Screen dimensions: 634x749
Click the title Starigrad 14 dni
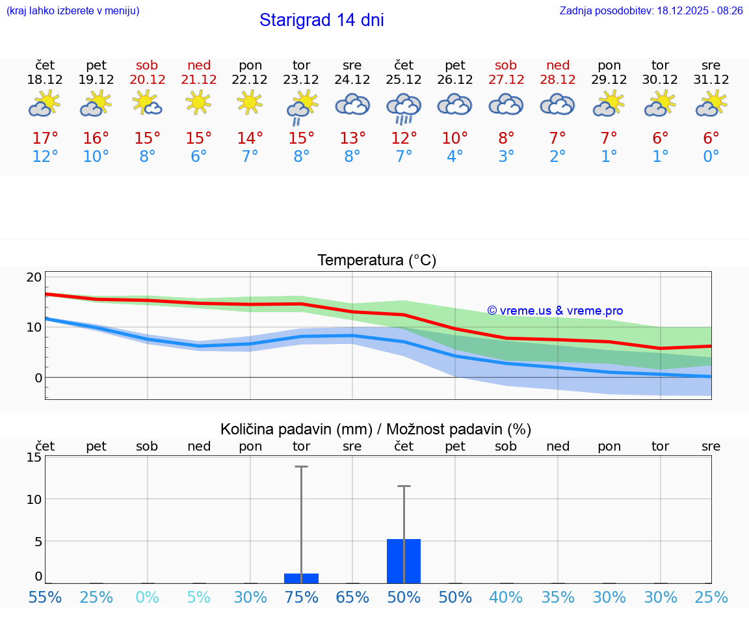(x=321, y=20)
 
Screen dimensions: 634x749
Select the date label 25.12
(x=404, y=80)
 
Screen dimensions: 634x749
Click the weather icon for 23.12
(x=301, y=106)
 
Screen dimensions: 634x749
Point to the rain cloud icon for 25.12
(x=404, y=107)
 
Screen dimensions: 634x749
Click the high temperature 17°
(x=45, y=138)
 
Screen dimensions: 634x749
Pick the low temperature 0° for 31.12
(x=711, y=157)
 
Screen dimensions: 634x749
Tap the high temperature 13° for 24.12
(x=352, y=138)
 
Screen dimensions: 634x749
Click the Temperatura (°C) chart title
(x=376, y=261)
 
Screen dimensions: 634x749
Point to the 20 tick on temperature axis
(x=34, y=277)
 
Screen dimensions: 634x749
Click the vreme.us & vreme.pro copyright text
(x=555, y=311)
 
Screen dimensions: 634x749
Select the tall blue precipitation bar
(x=404, y=561)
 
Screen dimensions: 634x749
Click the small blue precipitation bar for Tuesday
(x=301, y=578)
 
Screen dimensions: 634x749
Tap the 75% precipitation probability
(x=301, y=598)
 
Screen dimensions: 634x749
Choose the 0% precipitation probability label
(x=148, y=598)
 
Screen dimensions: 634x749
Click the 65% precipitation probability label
(x=352, y=598)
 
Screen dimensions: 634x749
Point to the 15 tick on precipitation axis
(x=34, y=457)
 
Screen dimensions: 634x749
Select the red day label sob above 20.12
(x=147, y=65)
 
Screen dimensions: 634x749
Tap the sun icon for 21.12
(x=198, y=102)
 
